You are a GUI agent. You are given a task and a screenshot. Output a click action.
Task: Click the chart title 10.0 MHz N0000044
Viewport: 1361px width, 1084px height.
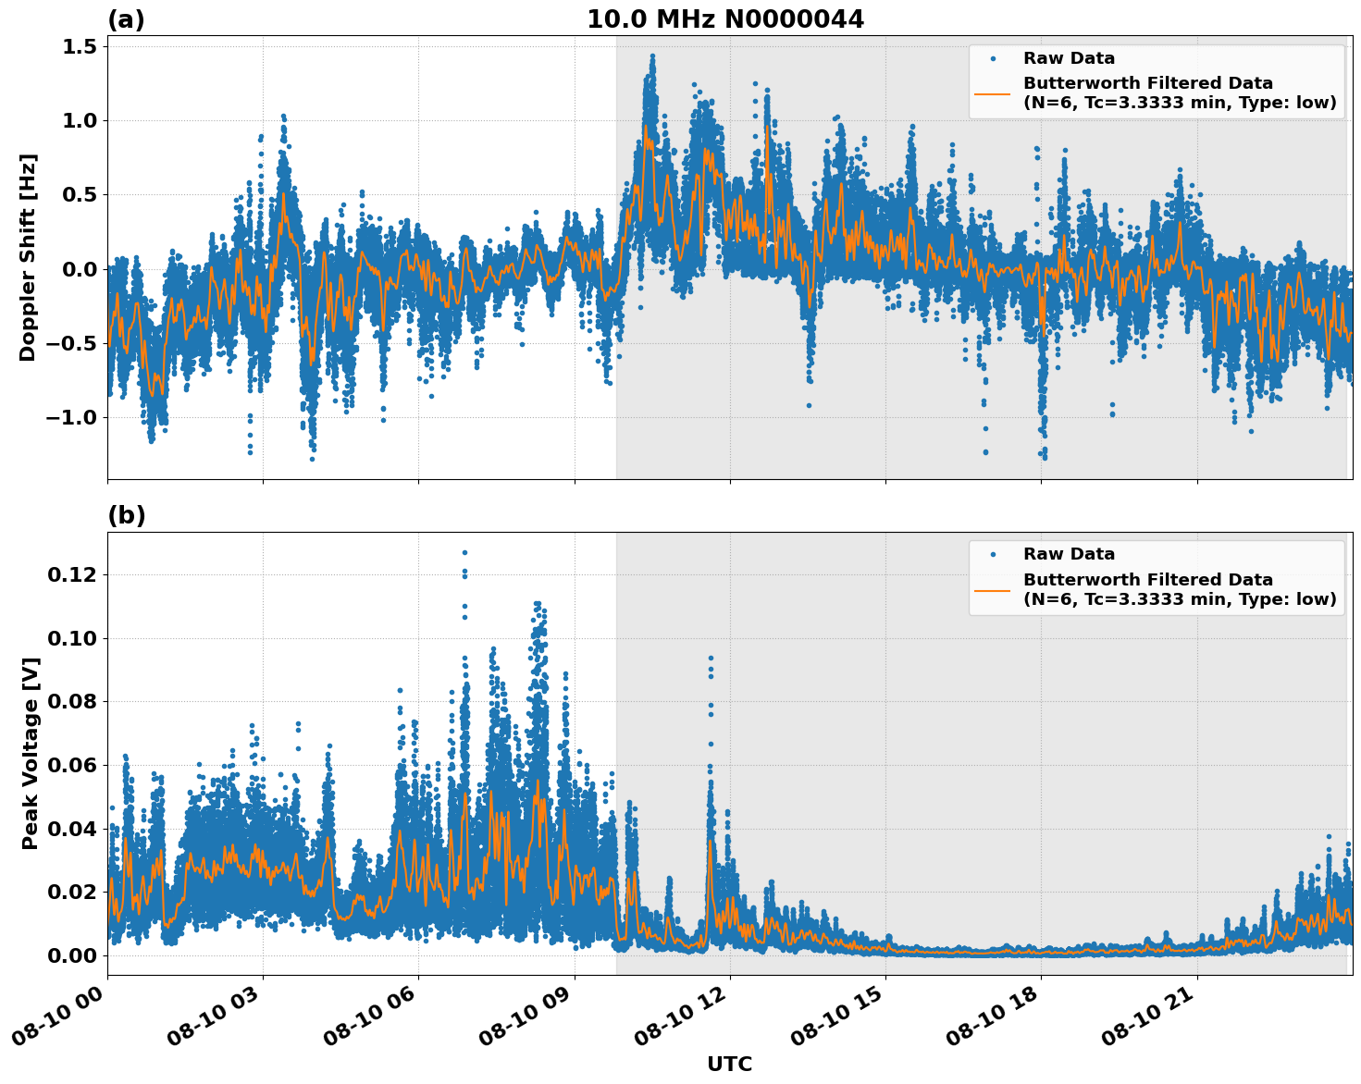(x=724, y=19)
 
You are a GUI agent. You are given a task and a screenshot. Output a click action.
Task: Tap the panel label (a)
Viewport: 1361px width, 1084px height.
(x=126, y=19)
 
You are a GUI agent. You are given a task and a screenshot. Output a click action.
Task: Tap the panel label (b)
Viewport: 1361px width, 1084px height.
(x=126, y=515)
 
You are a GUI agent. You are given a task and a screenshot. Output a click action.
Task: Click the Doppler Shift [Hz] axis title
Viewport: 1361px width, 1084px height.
(x=28, y=257)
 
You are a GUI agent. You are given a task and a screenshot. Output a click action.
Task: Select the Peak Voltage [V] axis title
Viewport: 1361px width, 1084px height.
(x=31, y=753)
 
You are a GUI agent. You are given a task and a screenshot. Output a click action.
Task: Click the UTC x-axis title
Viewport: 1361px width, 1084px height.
(x=729, y=1064)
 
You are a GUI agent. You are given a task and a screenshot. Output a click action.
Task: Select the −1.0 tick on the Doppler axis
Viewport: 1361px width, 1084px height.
(x=72, y=417)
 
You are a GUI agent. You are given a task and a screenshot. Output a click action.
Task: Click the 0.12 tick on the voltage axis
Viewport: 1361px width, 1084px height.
(x=71, y=574)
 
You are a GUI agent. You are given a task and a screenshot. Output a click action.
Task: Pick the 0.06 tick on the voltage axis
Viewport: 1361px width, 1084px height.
(x=71, y=765)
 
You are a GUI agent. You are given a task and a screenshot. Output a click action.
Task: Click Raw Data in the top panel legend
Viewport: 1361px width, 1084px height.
(x=1069, y=58)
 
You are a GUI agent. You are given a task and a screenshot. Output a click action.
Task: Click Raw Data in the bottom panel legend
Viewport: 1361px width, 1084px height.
(x=1069, y=554)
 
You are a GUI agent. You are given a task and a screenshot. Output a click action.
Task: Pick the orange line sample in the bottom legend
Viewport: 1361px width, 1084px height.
(x=992, y=589)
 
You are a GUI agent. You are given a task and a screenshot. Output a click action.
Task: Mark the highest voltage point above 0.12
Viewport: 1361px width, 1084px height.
(x=464, y=552)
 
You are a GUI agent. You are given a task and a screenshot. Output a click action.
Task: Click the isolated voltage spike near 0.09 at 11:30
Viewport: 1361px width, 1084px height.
(x=711, y=658)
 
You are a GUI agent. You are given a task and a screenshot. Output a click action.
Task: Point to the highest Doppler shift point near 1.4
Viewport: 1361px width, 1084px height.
(x=652, y=55)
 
